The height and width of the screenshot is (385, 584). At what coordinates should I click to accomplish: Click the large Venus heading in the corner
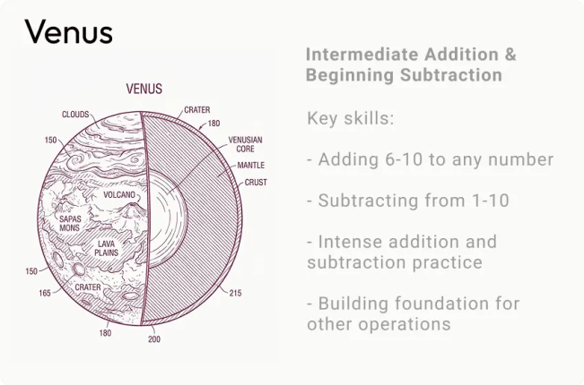coord(69,32)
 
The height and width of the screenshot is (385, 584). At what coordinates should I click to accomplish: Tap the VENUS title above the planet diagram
coord(144,89)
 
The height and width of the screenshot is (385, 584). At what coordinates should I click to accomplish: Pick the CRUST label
coord(256,183)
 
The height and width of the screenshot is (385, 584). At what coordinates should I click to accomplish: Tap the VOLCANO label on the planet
coord(119,194)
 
